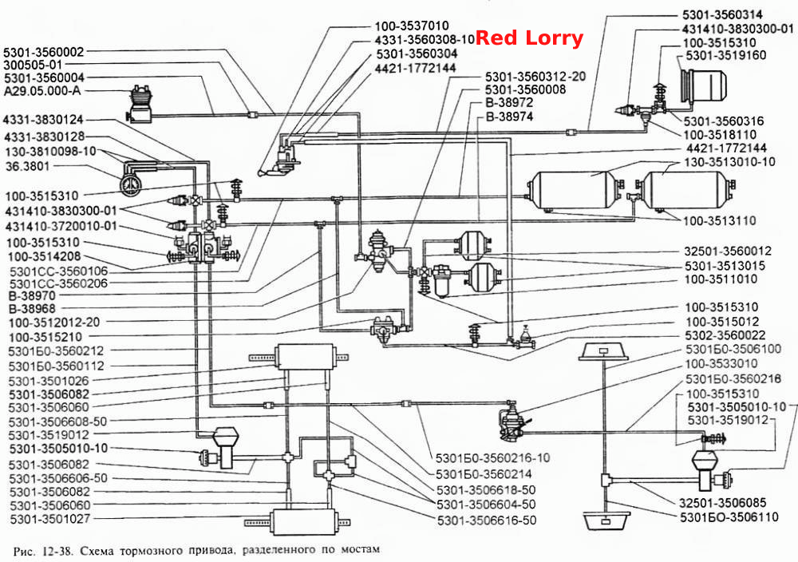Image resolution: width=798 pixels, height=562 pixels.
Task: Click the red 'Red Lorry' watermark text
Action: [x=529, y=38]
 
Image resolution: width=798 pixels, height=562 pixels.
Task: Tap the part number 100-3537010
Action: [x=412, y=26]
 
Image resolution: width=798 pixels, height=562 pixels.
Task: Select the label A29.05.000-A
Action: [x=42, y=91]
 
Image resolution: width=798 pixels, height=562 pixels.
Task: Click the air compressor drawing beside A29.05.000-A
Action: [x=140, y=104]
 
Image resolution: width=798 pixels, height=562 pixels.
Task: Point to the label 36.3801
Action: [x=26, y=167]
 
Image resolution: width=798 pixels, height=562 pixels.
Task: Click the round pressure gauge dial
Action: [x=132, y=184]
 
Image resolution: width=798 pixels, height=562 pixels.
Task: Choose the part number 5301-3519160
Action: [x=725, y=55]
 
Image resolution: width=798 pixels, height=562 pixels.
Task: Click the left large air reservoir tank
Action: [x=575, y=190]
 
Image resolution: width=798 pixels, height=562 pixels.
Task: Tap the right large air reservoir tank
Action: [x=685, y=190]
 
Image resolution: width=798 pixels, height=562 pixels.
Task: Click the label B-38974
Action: [x=509, y=117]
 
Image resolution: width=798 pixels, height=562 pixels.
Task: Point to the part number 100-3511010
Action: [x=721, y=279]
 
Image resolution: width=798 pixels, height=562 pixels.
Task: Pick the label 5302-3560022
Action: [x=725, y=335]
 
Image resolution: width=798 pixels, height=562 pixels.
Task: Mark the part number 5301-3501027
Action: [x=49, y=519]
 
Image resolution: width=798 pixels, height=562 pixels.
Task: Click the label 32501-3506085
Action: [x=722, y=502]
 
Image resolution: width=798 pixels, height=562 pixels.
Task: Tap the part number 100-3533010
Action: [x=721, y=363]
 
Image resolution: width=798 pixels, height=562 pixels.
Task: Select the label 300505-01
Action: [x=33, y=65]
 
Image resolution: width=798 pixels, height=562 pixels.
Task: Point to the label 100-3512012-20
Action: [x=54, y=323]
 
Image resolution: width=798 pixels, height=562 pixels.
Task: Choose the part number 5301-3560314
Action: [x=723, y=14]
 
